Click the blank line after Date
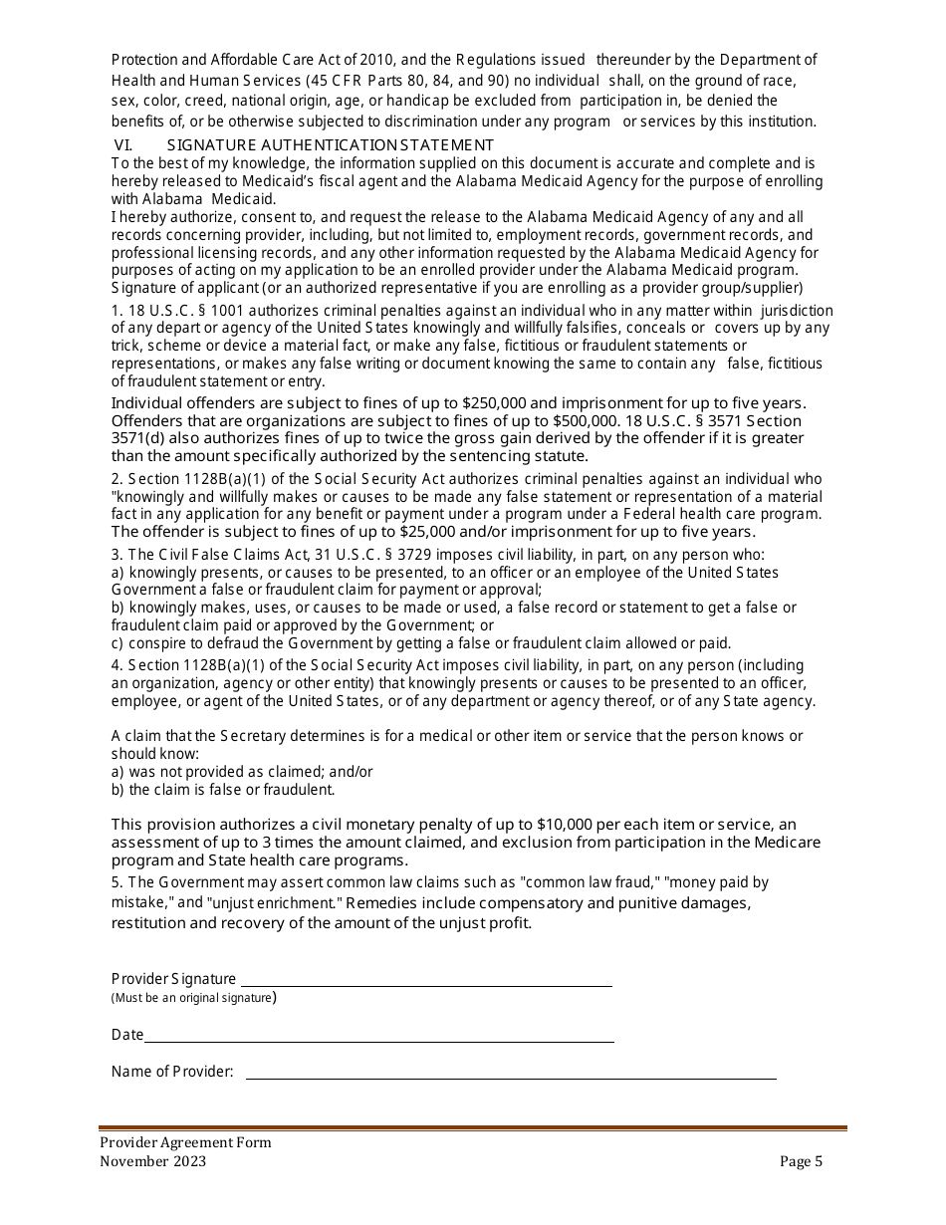tap(378, 1041)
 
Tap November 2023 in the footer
tap(153, 1160)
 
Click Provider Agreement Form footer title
tap(184, 1142)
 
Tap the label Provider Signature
tap(173, 979)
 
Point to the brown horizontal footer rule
tap(473, 1129)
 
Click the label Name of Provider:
tap(172, 1072)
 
